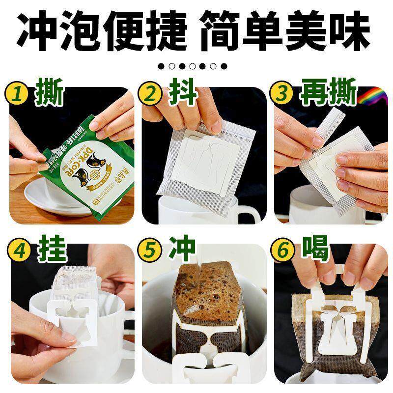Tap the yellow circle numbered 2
(x=150, y=95)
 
